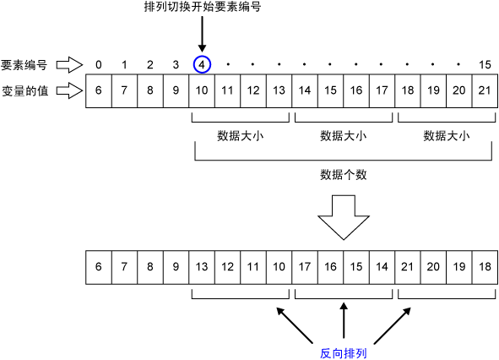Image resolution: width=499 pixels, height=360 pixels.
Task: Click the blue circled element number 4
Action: click(201, 64)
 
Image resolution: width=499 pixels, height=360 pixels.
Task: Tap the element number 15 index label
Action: click(485, 64)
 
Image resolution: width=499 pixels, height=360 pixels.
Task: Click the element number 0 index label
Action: click(99, 64)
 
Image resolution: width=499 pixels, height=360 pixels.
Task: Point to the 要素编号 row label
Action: click(23, 64)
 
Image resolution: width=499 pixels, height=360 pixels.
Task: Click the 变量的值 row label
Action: click(23, 90)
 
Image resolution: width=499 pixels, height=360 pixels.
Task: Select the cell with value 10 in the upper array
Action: click(201, 90)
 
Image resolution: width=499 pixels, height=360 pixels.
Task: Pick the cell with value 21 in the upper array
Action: click(485, 90)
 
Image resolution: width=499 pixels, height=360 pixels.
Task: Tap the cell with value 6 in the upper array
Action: click(99, 90)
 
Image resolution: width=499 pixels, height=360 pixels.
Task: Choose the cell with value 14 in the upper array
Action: click(305, 90)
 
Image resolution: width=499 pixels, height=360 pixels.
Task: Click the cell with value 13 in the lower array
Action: click(201, 266)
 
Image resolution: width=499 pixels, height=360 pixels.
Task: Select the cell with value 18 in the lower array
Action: click(485, 266)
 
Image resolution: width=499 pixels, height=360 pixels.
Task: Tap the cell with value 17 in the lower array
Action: click(305, 266)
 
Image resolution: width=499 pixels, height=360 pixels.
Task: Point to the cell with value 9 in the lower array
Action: click(176, 266)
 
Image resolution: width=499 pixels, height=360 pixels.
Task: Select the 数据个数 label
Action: click(343, 175)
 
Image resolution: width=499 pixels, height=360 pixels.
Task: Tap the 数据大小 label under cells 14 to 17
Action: click(343, 135)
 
